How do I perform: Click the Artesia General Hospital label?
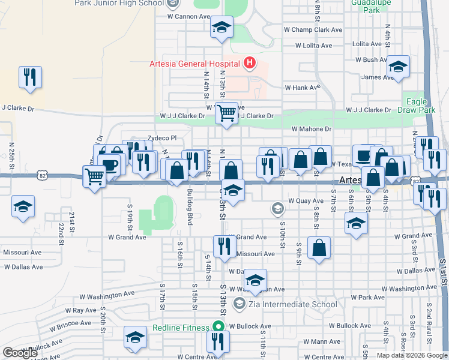pos(194,64)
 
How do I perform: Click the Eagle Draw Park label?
pos(420,106)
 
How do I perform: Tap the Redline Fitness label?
pos(181,328)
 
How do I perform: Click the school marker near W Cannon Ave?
pos(221,27)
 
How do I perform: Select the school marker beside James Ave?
pos(397,67)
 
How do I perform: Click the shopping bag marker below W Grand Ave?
pos(319,247)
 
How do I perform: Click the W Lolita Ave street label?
pos(313,46)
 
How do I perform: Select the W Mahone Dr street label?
pos(312,129)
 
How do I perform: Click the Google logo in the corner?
pos(20,353)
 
